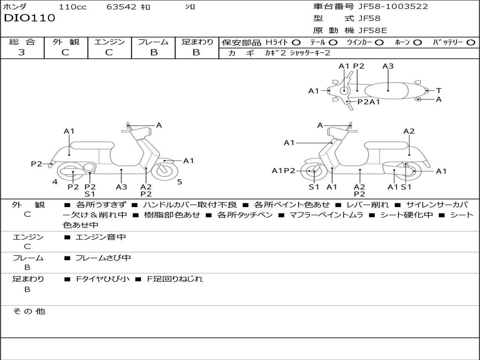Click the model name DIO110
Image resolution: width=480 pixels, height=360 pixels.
pyautogui.click(x=30, y=18)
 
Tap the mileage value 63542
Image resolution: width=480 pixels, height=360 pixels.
pyautogui.click(x=121, y=7)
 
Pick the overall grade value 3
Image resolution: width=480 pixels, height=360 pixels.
pyautogui.click(x=22, y=52)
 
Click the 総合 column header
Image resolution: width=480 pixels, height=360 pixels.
pyautogui.click(x=22, y=42)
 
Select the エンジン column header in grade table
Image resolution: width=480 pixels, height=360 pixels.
pyautogui.click(x=109, y=42)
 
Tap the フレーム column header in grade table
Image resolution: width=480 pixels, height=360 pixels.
pyautogui.click(x=153, y=42)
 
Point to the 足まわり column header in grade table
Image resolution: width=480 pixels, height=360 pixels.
pyautogui.click(x=197, y=42)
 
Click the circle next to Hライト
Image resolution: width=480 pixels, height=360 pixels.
pyautogui.click(x=296, y=42)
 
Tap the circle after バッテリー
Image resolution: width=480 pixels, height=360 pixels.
pyautogui.click(x=471, y=42)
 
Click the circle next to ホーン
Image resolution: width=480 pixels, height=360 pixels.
pyautogui.click(x=417, y=42)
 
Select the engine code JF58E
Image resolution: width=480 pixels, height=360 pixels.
pyautogui.click(x=373, y=30)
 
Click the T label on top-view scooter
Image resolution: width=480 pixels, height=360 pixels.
pyautogui.click(x=438, y=90)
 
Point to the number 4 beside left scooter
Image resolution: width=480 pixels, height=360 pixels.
pyautogui.click(x=55, y=182)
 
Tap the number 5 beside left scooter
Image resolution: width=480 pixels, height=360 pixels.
pyautogui.click(x=180, y=182)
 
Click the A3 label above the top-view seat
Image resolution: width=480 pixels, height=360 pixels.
pyautogui.click(x=388, y=66)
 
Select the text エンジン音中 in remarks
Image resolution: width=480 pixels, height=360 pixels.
pyautogui.click(x=101, y=237)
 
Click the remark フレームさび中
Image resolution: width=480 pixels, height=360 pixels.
pyautogui.click(x=103, y=258)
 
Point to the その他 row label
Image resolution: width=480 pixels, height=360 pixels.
pyautogui.click(x=29, y=311)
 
